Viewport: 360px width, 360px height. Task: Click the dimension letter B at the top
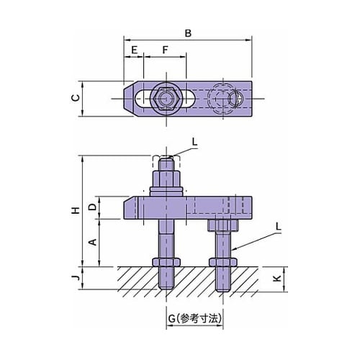click(188, 33)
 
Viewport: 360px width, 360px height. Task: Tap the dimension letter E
click(135, 50)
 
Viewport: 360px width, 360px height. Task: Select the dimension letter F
click(165, 50)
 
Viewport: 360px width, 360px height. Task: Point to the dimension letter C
click(76, 98)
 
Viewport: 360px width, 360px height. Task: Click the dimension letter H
click(76, 210)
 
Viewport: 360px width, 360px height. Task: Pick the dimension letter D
click(92, 207)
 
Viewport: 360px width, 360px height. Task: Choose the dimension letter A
click(92, 242)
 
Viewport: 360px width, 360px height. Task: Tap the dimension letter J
click(76, 278)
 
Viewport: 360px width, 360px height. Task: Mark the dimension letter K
click(277, 279)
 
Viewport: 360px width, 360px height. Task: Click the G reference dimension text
click(194, 319)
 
